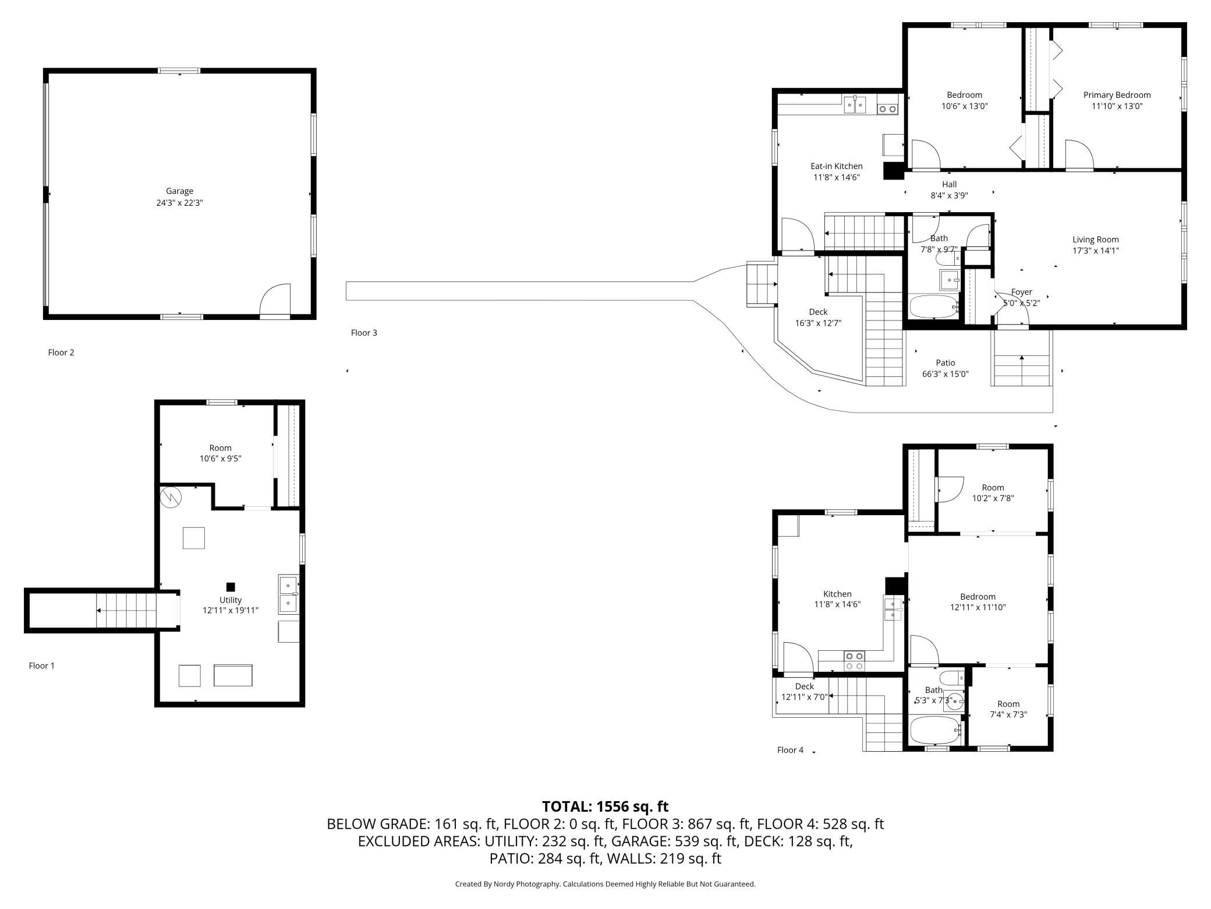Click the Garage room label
179,191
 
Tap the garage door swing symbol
275,300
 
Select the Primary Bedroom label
1117,95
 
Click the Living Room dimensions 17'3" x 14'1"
1096,251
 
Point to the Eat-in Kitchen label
837,167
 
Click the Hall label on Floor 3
949,185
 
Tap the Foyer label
1022,292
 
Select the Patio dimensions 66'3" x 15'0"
946,374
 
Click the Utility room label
231,600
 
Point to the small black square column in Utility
231,587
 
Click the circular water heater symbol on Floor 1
172,496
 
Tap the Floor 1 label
42,665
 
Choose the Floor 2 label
61,353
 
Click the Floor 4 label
790,750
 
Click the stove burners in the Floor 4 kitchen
855,661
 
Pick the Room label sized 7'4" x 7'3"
1008,704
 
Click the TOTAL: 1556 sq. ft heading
605,806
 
